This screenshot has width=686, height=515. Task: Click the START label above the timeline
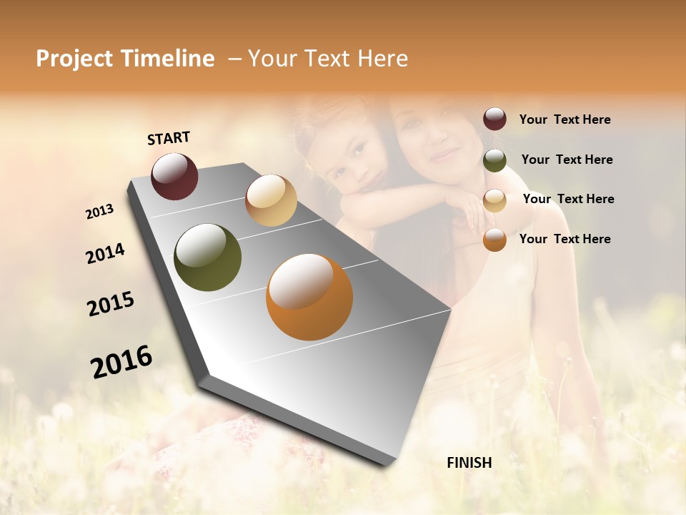pos(169,138)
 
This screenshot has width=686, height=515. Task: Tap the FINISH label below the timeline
pos(469,463)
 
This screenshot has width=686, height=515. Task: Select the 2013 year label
pos(100,212)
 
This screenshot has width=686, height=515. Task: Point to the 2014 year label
pos(106,254)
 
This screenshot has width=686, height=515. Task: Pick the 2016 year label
pos(121,362)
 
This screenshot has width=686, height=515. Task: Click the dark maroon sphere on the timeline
pos(174,176)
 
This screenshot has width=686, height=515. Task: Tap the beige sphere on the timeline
pos(271,200)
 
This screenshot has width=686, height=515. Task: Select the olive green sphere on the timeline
pos(208,257)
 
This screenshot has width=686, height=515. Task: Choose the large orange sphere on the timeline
pos(309,297)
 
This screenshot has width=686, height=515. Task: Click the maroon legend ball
pos(494,119)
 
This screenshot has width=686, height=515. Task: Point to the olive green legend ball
pos(494,160)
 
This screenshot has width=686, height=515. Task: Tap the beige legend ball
pos(494,200)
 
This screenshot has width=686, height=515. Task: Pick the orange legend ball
pos(494,240)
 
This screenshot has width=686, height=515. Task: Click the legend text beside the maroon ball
pos(565,120)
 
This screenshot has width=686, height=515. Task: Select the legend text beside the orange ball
pos(565,239)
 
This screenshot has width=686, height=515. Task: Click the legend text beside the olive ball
pos(567,160)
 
